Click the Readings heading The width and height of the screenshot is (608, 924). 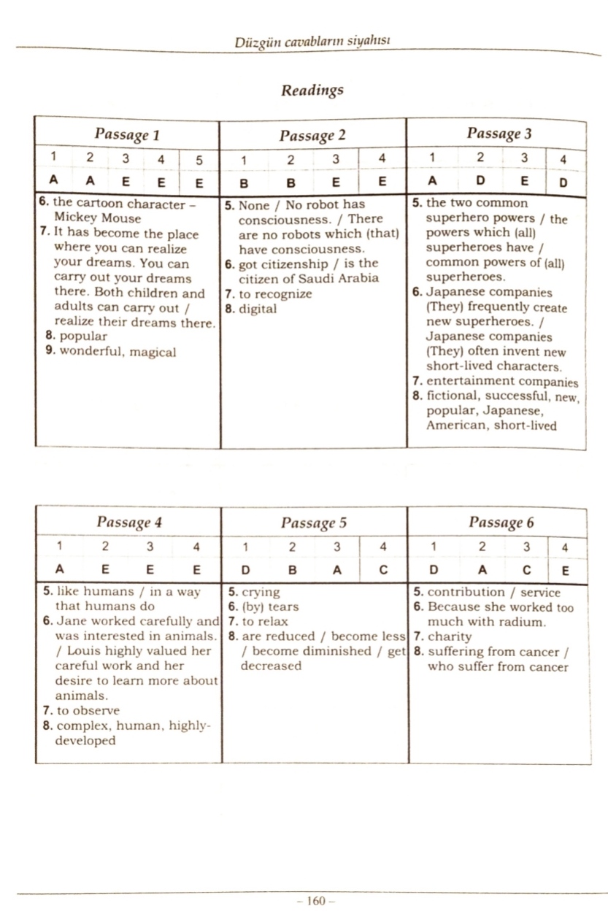click(x=312, y=91)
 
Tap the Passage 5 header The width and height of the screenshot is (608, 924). click(x=313, y=523)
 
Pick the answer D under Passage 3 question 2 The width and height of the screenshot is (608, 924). click(x=480, y=182)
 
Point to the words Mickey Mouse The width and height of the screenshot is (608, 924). click(x=97, y=218)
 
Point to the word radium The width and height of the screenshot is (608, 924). click(x=524, y=622)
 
